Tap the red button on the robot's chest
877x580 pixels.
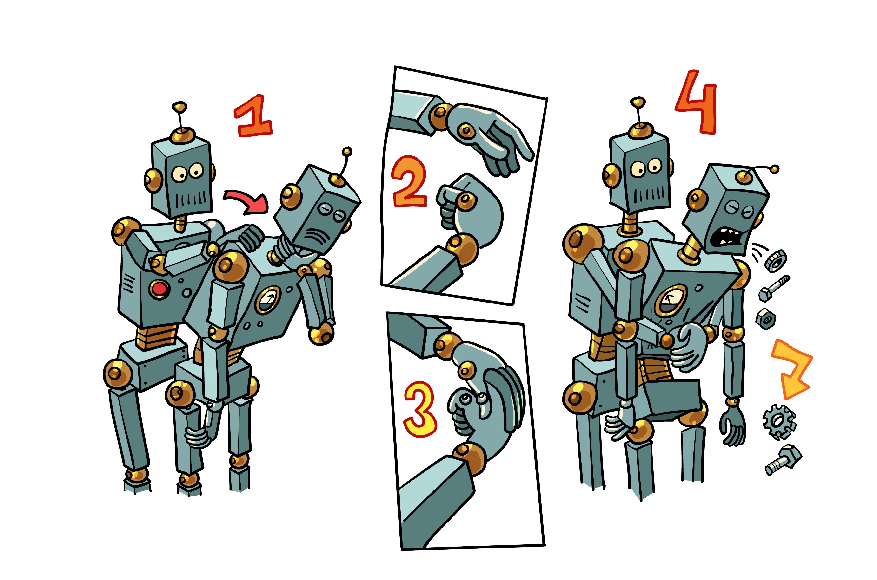159,289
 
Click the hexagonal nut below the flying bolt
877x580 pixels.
766,318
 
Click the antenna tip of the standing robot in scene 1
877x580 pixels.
179,107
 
